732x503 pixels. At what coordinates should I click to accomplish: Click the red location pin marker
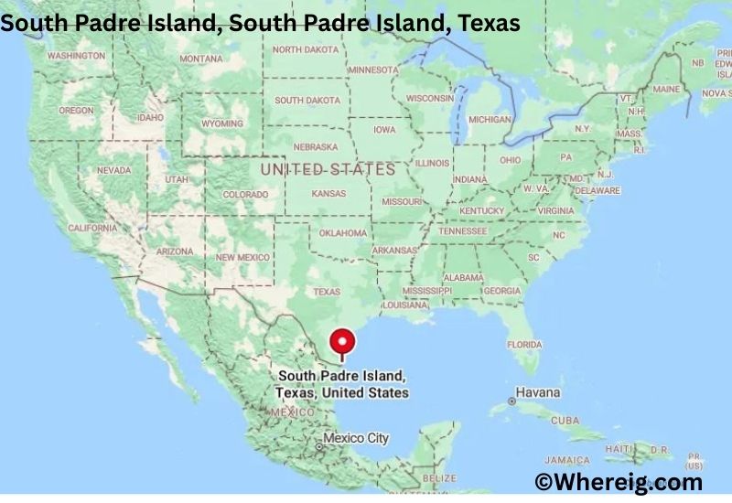pyautogui.click(x=342, y=343)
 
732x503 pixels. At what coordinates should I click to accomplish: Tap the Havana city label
pyautogui.click(x=535, y=392)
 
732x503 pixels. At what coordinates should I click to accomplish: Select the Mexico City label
pyautogui.click(x=356, y=438)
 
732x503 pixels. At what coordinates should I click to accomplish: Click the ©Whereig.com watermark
pyautogui.click(x=619, y=481)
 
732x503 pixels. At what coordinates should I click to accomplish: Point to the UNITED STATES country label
pyautogui.click(x=328, y=169)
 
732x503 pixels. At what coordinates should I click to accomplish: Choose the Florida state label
pyautogui.click(x=524, y=345)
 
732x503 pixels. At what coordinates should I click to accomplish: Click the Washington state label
pyautogui.click(x=76, y=56)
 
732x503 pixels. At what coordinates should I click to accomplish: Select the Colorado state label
pyautogui.click(x=245, y=195)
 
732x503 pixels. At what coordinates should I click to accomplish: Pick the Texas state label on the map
pyautogui.click(x=327, y=292)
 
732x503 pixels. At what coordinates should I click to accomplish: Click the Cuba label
pyautogui.click(x=565, y=420)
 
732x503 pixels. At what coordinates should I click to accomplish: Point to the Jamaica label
pyautogui.click(x=566, y=459)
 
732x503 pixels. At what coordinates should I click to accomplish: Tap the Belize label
pyautogui.click(x=439, y=478)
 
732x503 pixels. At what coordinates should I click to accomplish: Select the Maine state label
pyautogui.click(x=666, y=90)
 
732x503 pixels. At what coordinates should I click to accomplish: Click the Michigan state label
pyautogui.click(x=490, y=120)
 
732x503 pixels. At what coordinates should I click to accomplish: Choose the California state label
pyautogui.click(x=92, y=228)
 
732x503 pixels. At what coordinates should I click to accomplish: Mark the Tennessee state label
pyautogui.click(x=462, y=231)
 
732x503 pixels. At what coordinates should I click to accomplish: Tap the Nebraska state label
pyautogui.click(x=316, y=146)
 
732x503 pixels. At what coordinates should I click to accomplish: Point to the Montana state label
pyautogui.click(x=200, y=59)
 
